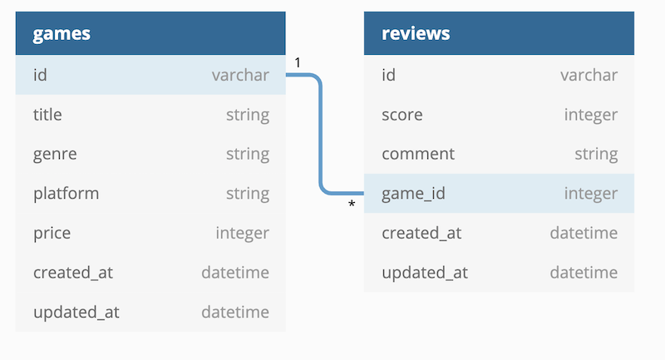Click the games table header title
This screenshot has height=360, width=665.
pos(62,34)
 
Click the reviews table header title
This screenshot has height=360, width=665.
pos(416,34)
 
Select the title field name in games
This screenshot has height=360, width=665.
pos(47,115)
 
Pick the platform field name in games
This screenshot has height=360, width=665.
pos(66,194)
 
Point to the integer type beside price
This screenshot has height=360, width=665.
pos(242,234)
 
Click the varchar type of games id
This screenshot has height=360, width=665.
pos(240,76)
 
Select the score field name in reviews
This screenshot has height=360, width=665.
pos(401,115)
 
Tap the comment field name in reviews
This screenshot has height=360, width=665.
pos(418,154)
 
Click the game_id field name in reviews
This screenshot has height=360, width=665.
pos(413,194)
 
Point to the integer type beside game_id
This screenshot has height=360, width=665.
pos(590,194)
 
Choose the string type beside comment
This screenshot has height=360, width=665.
pos(595,155)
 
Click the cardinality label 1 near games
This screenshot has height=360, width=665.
pos(298,62)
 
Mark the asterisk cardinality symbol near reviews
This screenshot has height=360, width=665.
pos(352,205)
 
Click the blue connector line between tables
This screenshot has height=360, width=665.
pos(321,133)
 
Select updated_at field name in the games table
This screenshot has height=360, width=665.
pos(76,313)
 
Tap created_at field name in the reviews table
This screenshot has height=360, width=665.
pos(421,233)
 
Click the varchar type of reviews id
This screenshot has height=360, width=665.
pos(589,76)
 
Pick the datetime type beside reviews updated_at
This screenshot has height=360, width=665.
pos(584,273)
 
